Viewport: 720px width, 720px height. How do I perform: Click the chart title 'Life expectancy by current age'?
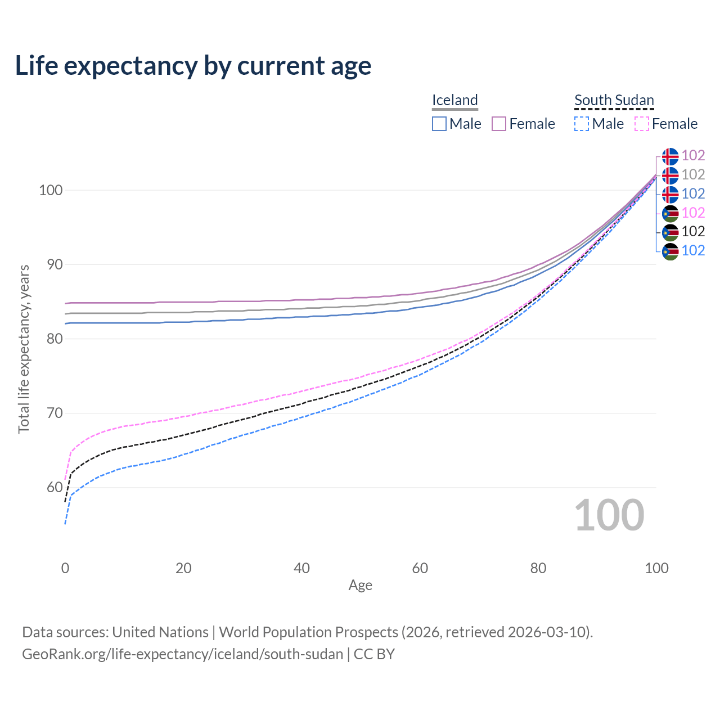(x=193, y=66)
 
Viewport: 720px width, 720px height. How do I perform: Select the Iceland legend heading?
(x=454, y=100)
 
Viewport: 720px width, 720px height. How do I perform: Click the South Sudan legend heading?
(x=614, y=100)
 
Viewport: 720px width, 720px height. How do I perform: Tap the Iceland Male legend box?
(x=439, y=124)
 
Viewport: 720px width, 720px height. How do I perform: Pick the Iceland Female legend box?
(x=499, y=124)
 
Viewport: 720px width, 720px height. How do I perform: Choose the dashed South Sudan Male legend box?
(x=582, y=124)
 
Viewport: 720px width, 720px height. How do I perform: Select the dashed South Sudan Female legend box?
(x=642, y=124)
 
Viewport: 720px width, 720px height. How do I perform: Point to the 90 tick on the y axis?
(x=50, y=264)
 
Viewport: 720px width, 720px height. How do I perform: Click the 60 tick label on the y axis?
(x=50, y=487)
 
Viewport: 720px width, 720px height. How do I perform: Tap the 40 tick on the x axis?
(x=301, y=568)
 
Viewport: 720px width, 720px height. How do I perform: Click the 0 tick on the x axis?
(x=65, y=568)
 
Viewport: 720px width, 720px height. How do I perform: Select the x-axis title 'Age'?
(x=360, y=586)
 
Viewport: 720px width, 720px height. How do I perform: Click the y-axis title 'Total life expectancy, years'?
(x=24, y=349)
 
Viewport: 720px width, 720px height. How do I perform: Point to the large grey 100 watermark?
(x=609, y=515)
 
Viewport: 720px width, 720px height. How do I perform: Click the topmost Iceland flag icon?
(x=670, y=156)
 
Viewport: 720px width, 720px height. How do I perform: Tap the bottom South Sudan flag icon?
(x=670, y=251)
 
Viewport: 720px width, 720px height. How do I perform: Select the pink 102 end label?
(x=693, y=213)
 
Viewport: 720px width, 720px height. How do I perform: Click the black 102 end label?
(x=693, y=231)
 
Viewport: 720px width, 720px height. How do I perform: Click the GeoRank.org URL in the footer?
(x=182, y=654)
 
